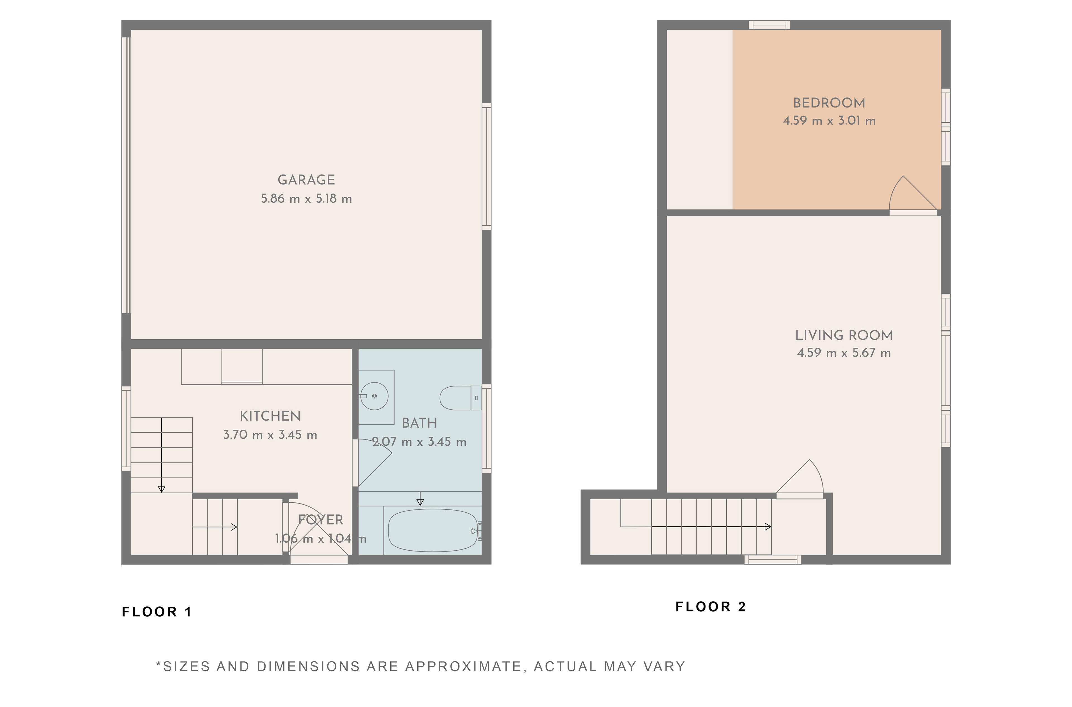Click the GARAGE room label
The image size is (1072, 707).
coord(306,180)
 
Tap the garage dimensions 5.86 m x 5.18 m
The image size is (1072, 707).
coord(306,199)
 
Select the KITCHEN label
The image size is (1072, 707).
coord(270,416)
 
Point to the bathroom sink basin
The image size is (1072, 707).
coord(374,396)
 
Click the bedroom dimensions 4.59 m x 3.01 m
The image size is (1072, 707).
coord(829,121)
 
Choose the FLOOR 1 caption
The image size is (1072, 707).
coord(157,612)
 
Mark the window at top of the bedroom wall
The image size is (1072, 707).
coord(769,25)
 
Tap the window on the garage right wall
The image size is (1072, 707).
coord(486,166)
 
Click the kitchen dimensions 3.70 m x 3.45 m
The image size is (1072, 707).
coord(270,435)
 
